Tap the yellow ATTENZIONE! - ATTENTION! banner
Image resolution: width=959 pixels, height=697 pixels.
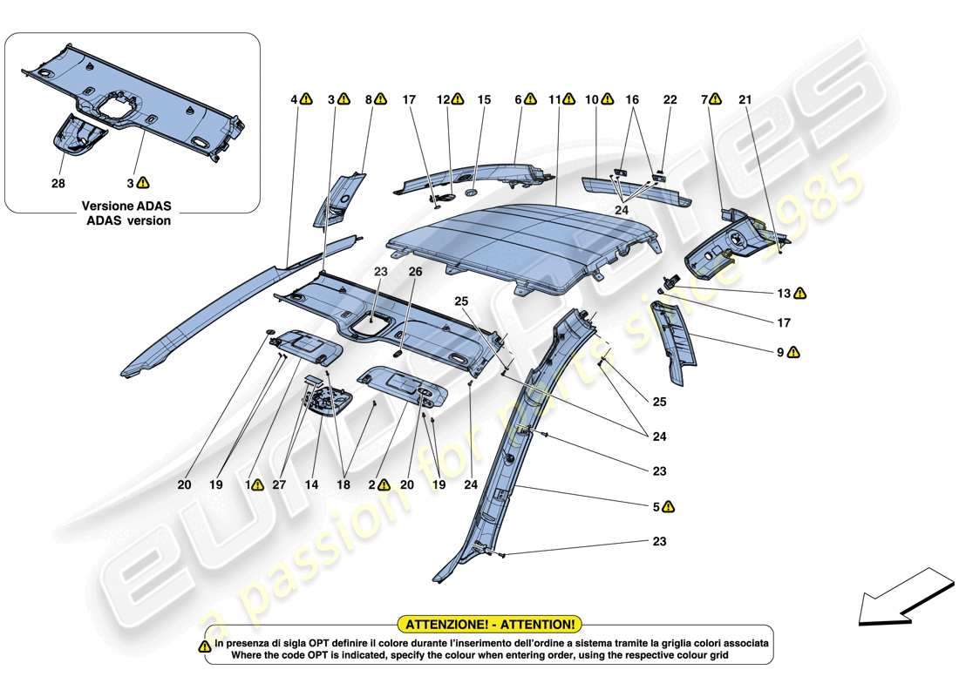[x=488, y=624]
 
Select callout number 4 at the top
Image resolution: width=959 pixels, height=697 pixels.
[x=294, y=100]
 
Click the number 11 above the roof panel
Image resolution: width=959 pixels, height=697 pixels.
[x=554, y=100]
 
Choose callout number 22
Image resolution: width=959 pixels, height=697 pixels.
[x=670, y=100]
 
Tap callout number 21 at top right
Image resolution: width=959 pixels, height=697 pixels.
[x=745, y=100]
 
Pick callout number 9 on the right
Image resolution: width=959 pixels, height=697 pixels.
[x=782, y=352]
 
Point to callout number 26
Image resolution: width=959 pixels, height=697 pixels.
[x=416, y=271]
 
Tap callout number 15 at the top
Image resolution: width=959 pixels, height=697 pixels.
[x=484, y=100]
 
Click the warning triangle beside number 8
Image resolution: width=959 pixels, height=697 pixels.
[x=381, y=100]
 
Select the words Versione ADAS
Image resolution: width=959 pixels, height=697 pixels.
[x=126, y=206]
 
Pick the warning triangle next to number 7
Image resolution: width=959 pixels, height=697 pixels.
[x=716, y=100]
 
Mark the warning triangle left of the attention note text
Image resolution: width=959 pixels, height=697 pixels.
[x=205, y=646]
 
